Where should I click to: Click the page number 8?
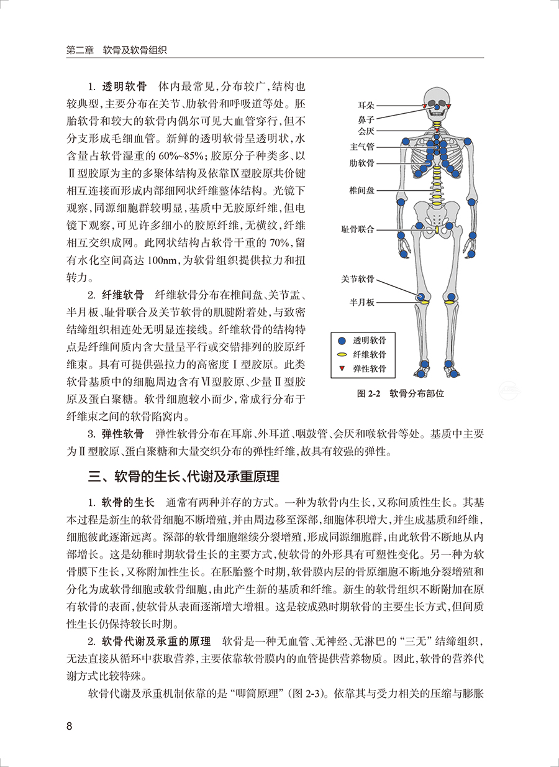click(x=70, y=727)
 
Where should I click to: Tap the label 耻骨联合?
click(x=358, y=229)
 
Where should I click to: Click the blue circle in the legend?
click(x=342, y=341)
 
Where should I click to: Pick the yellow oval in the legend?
click(x=342, y=355)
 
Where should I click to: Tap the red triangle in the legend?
click(x=342, y=369)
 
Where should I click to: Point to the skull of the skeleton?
click(x=437, y=99)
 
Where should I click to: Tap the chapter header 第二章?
click(x=80, y=49)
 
